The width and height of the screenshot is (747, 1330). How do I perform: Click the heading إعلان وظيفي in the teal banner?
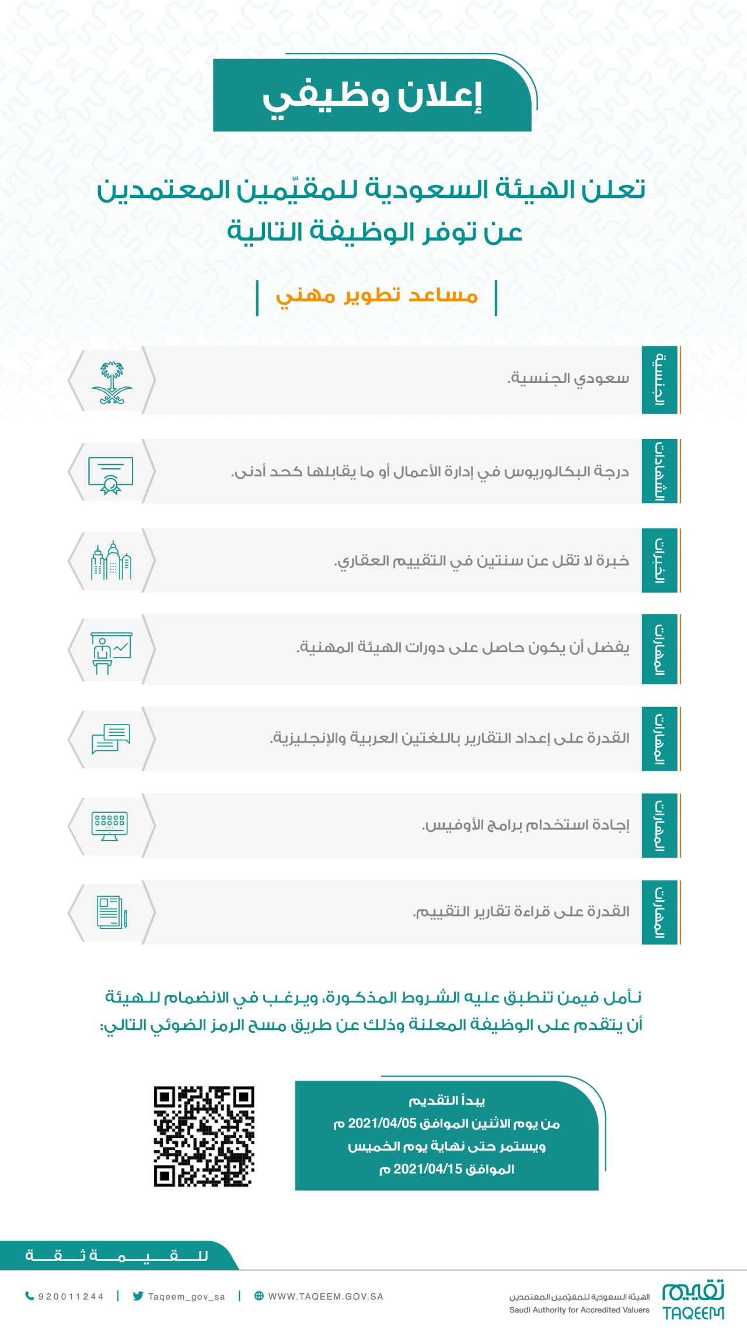tap(372, 96)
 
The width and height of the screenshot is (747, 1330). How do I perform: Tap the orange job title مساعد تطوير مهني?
tap(377, 295)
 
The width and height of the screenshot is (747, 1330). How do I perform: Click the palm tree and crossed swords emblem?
tap(111, 382)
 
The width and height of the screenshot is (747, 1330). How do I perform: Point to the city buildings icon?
tap(111, 560)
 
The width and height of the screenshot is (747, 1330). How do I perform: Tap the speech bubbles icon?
tap(111, 739)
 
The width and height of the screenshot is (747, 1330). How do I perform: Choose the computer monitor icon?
tap(110, 826)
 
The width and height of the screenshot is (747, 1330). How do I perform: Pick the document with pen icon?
tap(111, 912)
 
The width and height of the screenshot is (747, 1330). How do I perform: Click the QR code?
tap(204, 1136)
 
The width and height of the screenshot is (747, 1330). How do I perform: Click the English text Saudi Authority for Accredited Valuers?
tap(579, 1310)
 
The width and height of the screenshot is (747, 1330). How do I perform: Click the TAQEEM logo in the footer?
tap(693, 1300)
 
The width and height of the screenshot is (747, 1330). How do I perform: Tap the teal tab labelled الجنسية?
tap(659, 379)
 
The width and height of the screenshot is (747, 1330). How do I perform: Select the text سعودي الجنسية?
tap(568, 378)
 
